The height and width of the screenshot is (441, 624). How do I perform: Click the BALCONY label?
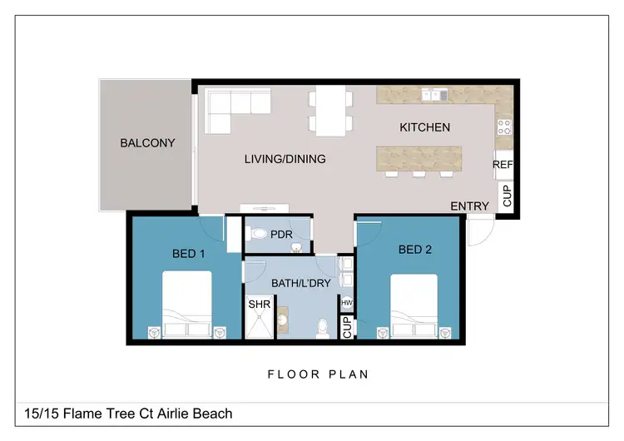pos(147,143)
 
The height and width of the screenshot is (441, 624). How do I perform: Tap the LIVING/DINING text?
pos(285,159)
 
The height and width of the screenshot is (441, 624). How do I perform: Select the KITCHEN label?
pos(425,127)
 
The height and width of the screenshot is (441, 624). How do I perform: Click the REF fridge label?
pos(503,165)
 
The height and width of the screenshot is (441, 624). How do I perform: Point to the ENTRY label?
pos(469,206)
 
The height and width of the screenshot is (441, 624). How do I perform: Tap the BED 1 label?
pos(188,254)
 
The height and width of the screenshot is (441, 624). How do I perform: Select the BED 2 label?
pos(415,249)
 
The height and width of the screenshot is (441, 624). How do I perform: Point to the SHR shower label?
pos(258,305)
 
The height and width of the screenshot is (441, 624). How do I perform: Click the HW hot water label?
pos(347,302)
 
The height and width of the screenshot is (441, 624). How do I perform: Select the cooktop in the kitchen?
pos(503,127)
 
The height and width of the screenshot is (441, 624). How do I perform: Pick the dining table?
pos(330,111)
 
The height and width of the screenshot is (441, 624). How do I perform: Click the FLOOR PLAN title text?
pos(318,374)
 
